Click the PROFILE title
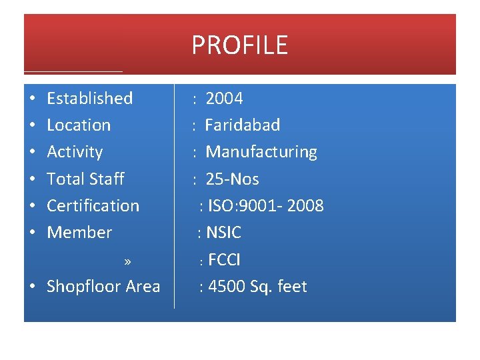tap(239, 45)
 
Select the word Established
tap(89, 99)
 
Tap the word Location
tap(79, 125)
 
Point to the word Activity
tap(75, 152)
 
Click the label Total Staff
tap(85, 179)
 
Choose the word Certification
tap(93, 205)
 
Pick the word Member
tap(79, 233)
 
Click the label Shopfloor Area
tap(103, 287)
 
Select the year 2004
tap(224, 99)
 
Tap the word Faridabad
tap(242, 125)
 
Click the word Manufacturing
tap(261, 152)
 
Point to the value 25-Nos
tap(232, 179)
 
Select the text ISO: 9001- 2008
tap(265, 205)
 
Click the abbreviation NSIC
tap(223, 233)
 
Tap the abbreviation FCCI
tap(224, 259)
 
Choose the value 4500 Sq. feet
tap(257, 287)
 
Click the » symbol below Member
tap(127, 261)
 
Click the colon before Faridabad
tap(193, 126)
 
